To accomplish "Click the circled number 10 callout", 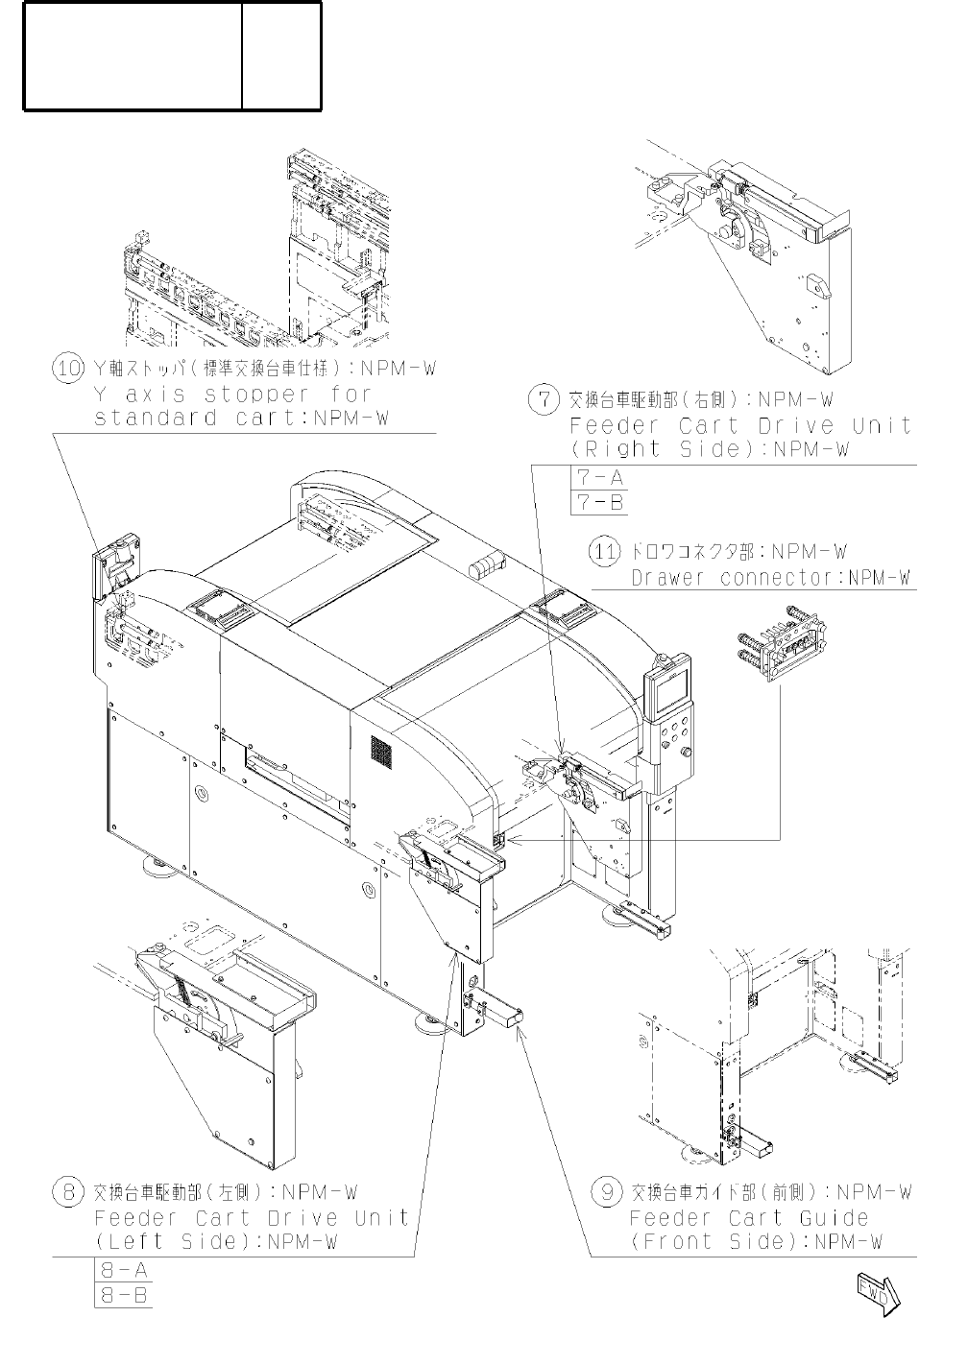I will pos(66,370).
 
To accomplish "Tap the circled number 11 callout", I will pos(603,552).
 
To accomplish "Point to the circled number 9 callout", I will pos(603,1193).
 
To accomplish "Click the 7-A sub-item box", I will pos(598,477).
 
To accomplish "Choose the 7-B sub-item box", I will pos(598,501).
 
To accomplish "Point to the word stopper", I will pos(263,395).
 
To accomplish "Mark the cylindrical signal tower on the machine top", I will pos(488,564).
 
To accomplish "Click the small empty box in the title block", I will pos(281,55).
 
